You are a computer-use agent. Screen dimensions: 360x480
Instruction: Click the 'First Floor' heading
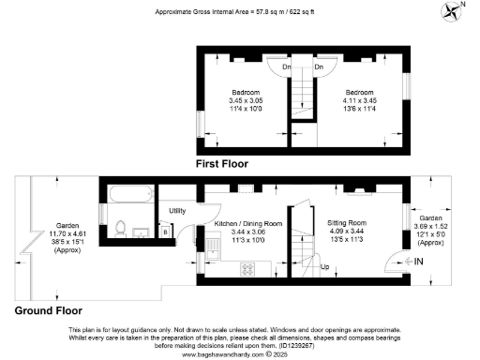click(x=228, y=163)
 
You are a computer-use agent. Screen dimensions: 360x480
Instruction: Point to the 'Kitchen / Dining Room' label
click(x=248, y=224)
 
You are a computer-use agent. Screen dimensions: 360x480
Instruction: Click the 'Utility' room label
click(x=177, y=211)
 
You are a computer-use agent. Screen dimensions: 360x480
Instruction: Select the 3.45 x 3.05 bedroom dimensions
click(x=247, y=99)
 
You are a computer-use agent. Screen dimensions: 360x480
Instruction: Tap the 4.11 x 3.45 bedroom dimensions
click(x=359, y=100)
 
